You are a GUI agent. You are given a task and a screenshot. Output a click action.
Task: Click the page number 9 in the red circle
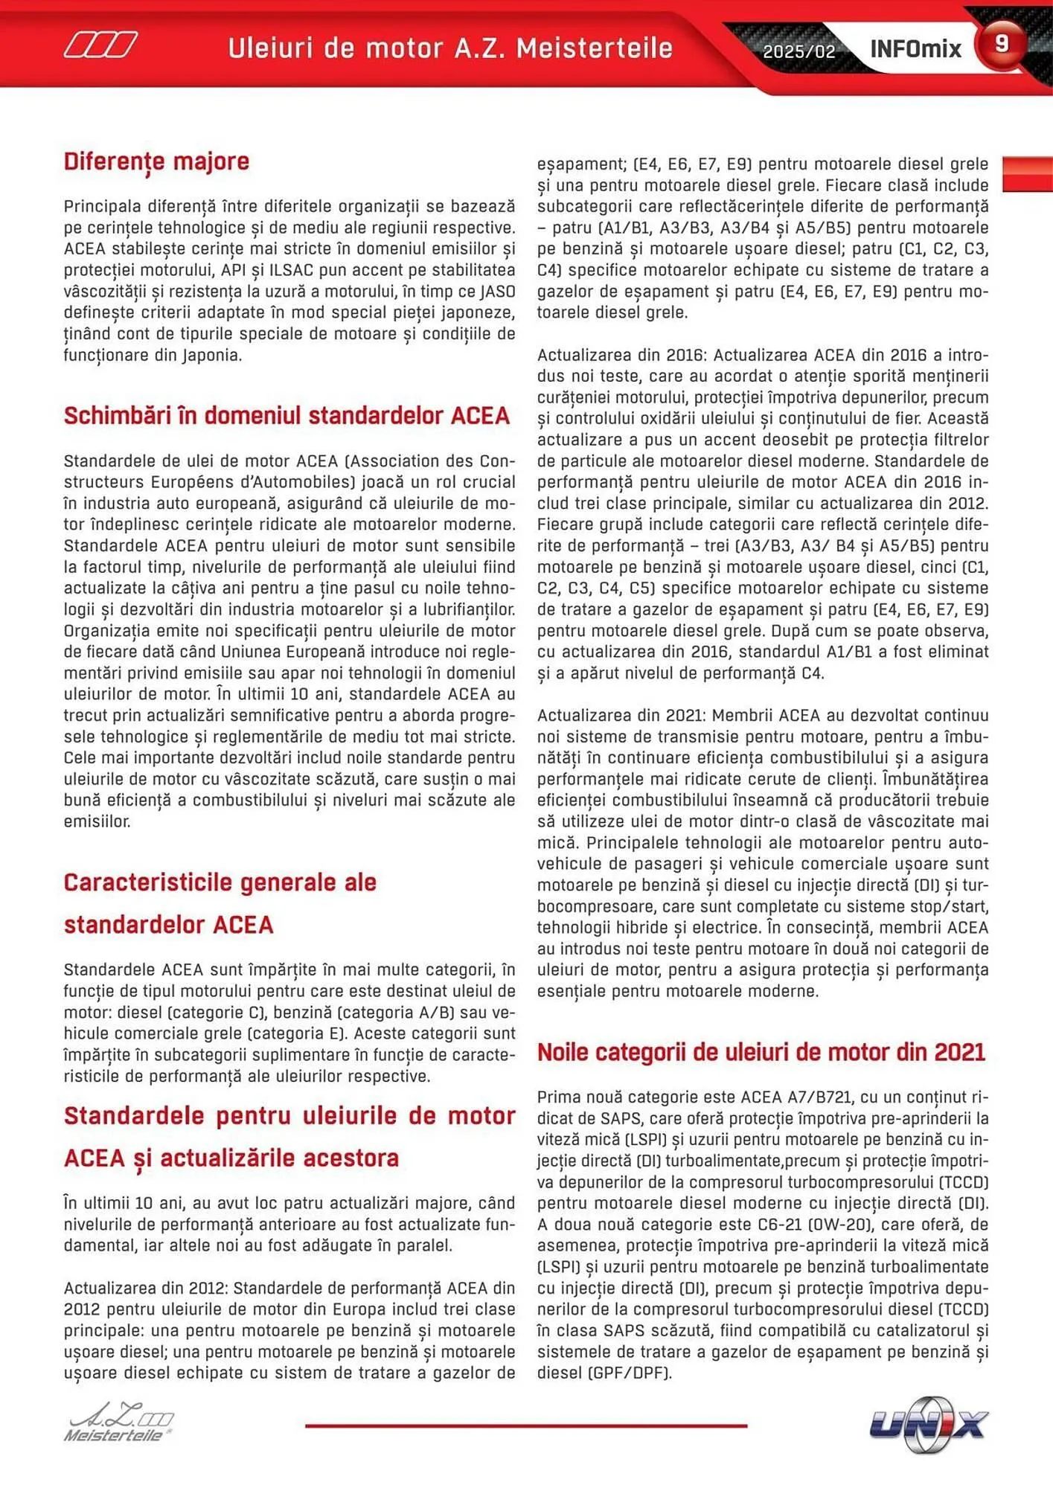pyautogui.click(x=1001, y=43)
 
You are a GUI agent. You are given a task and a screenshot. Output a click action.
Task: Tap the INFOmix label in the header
pyautogui.click(x=915, y=49)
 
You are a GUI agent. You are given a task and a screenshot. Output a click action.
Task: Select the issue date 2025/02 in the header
pyautogui.click(x=798, y=51)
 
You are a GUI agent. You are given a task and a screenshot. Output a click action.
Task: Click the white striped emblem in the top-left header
pyautogui.click(x=100, y=45)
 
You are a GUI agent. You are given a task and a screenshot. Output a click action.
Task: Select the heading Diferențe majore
pyautogui.click(x=156, y=161)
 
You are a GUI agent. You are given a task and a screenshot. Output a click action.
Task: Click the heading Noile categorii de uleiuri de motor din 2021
pyautogui.click(x=761, y=1052)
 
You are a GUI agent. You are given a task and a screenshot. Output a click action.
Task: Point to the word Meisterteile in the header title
pyautogui.click(x=594, y=48)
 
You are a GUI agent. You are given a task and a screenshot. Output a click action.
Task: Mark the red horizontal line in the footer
pyautogui.click(x=525, y=1426)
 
